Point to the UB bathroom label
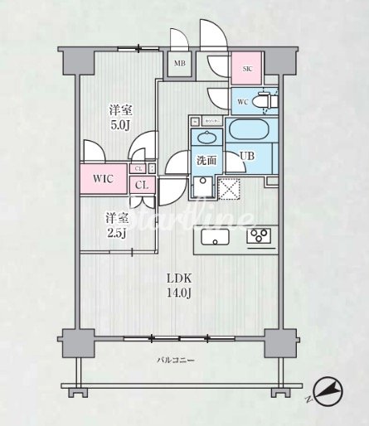(247, 155)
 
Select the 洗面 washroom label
(207, 161)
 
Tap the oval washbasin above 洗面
(207, 138)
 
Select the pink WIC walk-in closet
(104, 178)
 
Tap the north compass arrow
(328, 391)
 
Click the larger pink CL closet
(142, 186)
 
